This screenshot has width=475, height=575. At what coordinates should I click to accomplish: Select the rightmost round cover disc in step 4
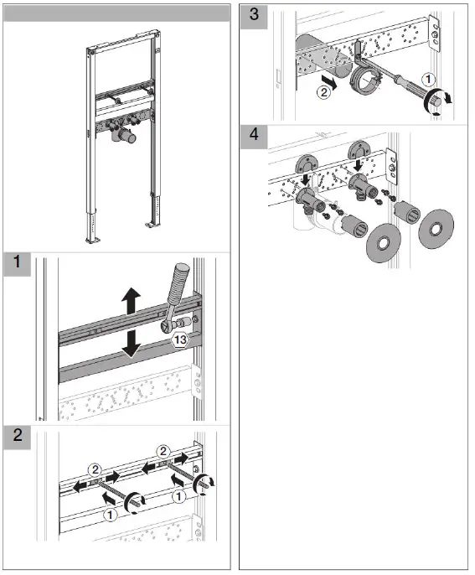436,227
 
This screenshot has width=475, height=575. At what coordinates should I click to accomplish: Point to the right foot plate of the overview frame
151,225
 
